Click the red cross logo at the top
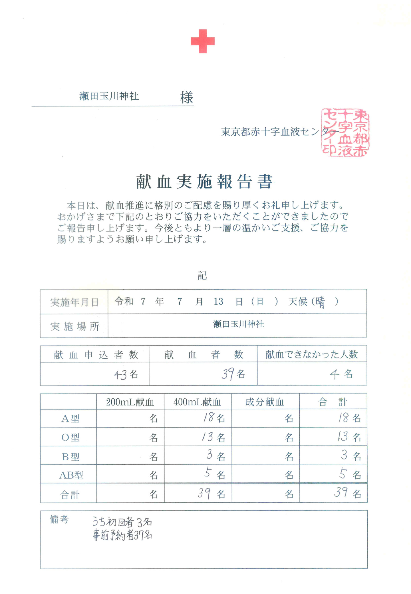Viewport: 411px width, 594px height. (202, 41)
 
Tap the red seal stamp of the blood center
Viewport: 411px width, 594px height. (345, 132)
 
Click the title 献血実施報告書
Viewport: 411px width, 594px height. (204, 182)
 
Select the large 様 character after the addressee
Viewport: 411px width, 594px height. (187, 97)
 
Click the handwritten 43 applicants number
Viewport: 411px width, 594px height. (120, 374)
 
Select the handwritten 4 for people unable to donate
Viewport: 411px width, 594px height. (335, 374)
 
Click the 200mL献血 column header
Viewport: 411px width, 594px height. (130, 402)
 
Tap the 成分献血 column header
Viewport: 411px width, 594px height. (265, 402)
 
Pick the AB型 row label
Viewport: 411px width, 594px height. (71, 475)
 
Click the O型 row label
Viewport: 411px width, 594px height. (70, 437)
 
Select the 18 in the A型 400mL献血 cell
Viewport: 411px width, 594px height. (208, 418)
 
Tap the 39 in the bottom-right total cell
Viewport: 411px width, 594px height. (341, 492)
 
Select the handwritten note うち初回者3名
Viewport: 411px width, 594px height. (122, 522)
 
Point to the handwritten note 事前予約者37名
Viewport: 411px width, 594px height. (122, 535)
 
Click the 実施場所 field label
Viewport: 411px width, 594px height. (74, 326)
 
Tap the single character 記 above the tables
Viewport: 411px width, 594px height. (202, 276)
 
